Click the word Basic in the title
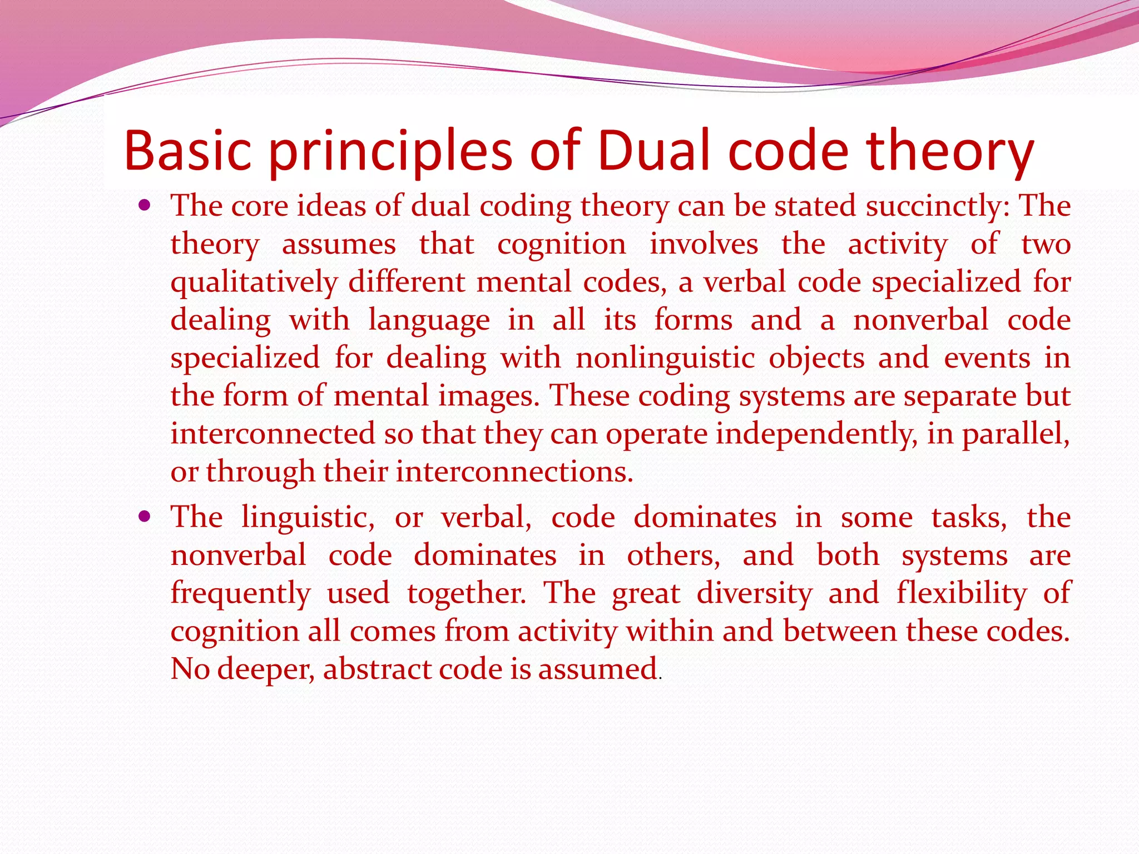point(187,150)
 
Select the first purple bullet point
point(145,206)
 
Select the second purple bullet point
point(145,517)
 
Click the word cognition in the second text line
point(561,244)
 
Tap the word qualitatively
point(254,282)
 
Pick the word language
point(429,321)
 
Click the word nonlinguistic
point(665,358)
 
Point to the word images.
point(488,396)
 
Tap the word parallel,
point(1016,435)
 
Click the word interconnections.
point(514,471)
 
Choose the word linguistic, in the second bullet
point(308,518)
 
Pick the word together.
point(466,593)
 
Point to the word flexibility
point(962,593)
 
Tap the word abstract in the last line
point(377,669)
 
